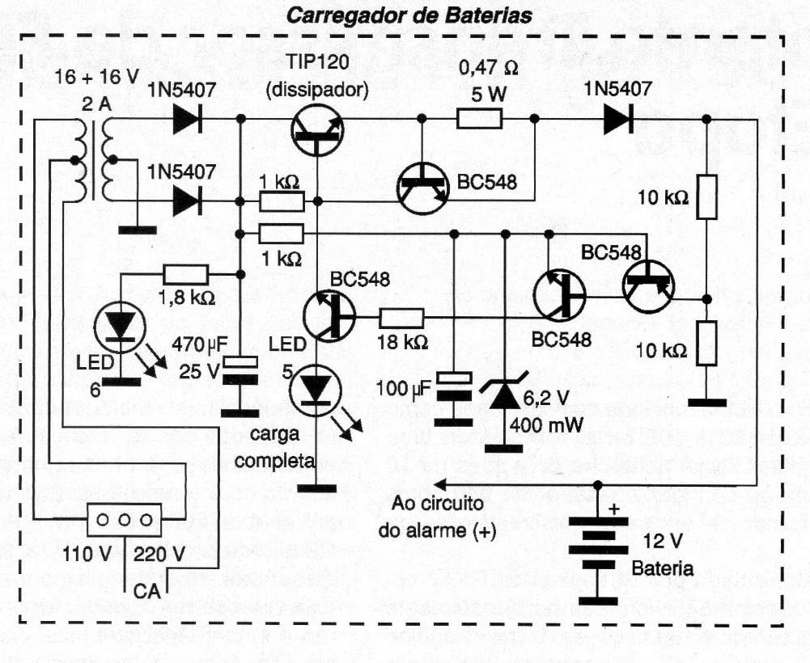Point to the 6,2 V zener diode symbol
[506, 397]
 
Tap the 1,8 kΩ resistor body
[185, 275]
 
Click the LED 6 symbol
[120, 327]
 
